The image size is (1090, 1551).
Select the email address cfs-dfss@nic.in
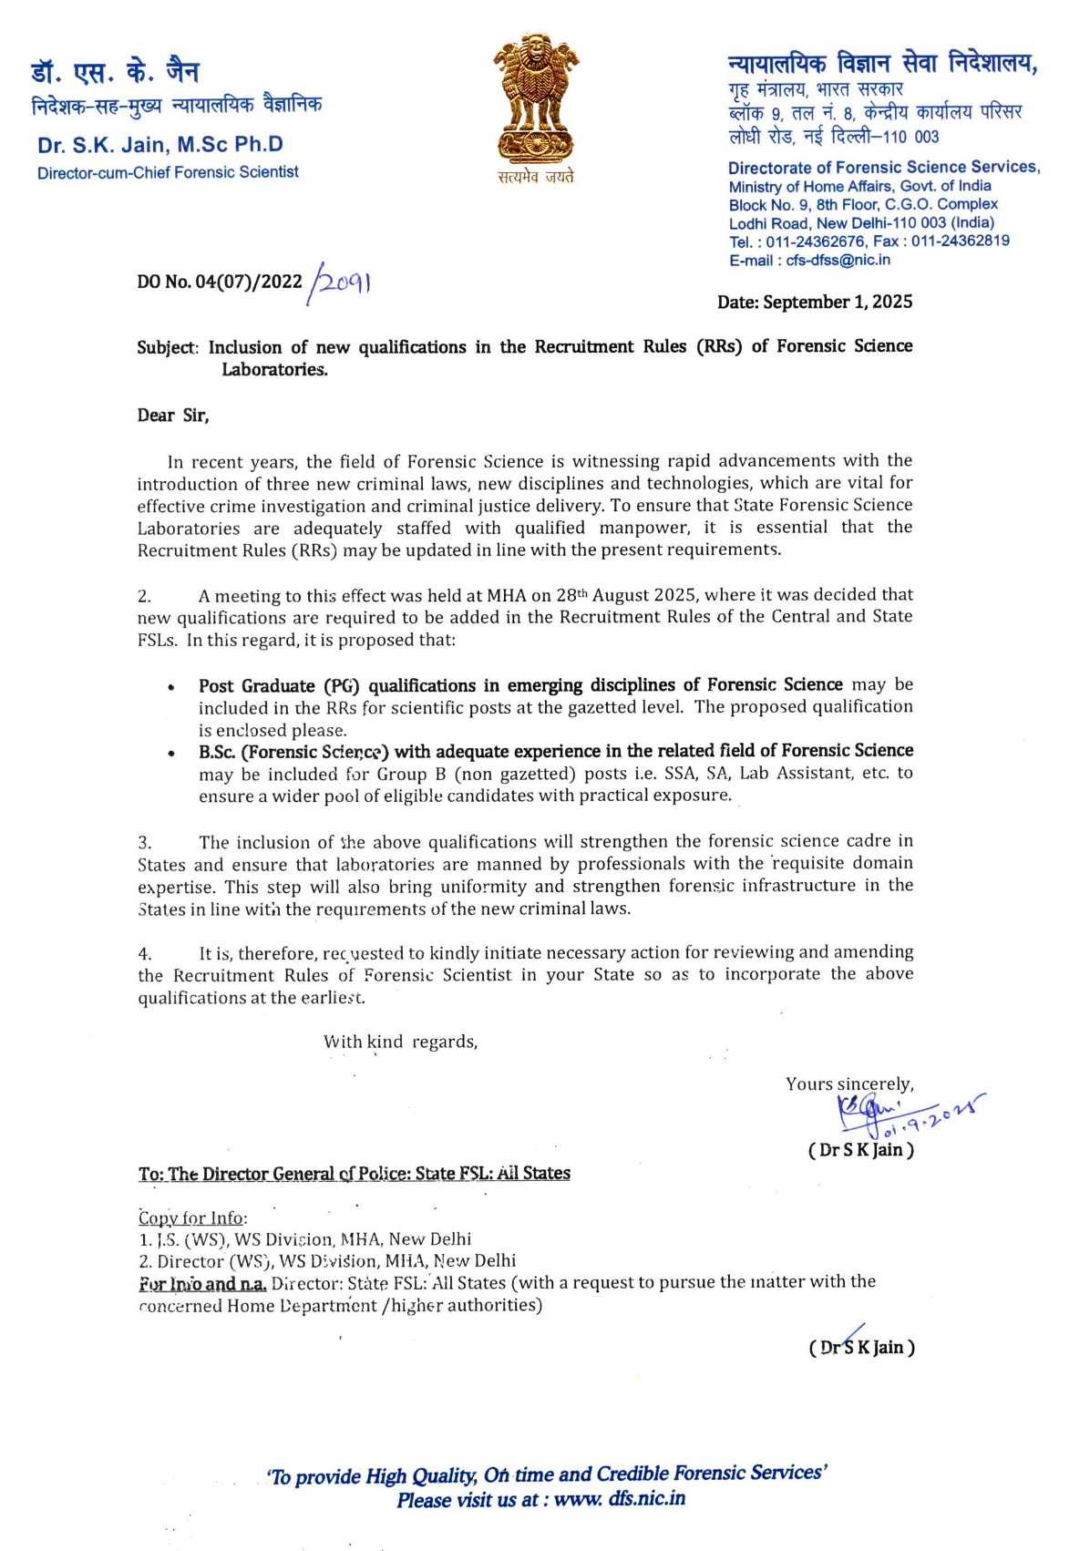point(838,261)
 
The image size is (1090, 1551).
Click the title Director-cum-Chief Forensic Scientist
point(168,172)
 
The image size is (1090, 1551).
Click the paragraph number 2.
point(144,597)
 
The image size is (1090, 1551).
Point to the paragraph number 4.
point(145,954)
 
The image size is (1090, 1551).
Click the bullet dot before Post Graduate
point(170,688)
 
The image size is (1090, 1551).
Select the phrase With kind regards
point(400,1042)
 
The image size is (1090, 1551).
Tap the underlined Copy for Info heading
point(192,1218)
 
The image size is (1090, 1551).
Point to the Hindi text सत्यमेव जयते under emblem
point(536,177)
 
